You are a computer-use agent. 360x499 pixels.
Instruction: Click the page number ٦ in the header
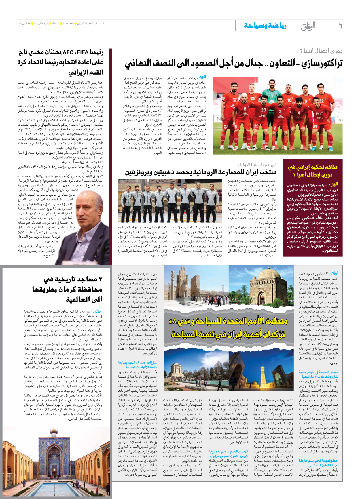click(x=340, y=26)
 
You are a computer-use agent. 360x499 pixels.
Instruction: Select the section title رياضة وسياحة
click(x=265, y=26)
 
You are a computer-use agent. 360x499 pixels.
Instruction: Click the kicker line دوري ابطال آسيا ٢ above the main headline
click(x=320, y=51)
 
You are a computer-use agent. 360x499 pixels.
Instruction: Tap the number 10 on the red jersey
click(x=289, y=100)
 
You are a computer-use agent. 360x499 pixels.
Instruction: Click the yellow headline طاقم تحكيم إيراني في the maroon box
click(x=312, y=167)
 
